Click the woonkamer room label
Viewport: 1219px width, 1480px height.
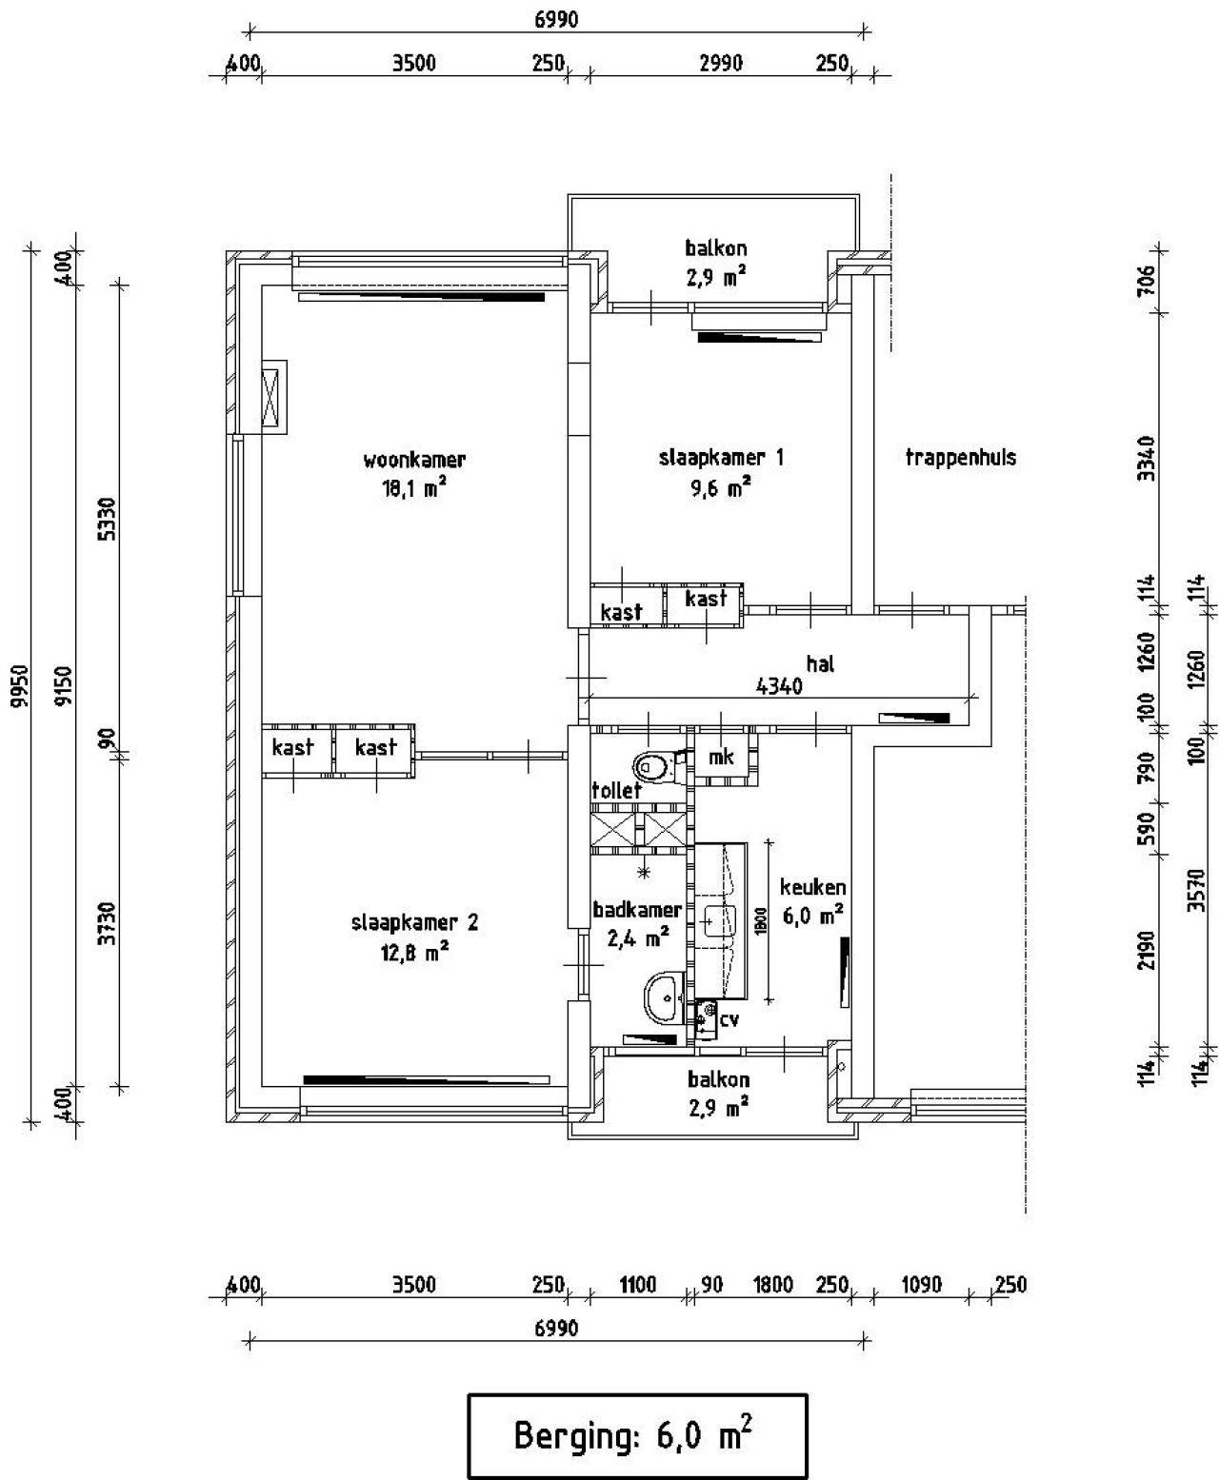click(414, 461)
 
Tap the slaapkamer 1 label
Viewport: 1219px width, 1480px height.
click(721, 458)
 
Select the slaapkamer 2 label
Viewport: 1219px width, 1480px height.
click(414, 922)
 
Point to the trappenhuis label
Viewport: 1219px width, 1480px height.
click(961, 458)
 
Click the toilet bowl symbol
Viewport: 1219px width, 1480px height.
click(653, 766)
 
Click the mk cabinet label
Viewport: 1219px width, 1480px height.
click(721, 757)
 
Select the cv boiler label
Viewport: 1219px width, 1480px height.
click(729, 1019)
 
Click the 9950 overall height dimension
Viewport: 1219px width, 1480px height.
click(20, 685)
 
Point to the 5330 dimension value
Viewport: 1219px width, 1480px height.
click(108, 519)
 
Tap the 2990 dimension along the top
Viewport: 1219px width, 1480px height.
click(721, 63)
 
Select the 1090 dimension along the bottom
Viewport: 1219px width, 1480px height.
click(921, 1285)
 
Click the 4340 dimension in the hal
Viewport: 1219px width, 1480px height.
click(779, 685)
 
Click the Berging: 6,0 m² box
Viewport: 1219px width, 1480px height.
click(637, 1436)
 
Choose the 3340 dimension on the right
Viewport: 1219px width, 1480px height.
click(1146, 458)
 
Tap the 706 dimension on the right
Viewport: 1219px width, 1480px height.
click(1146, 281)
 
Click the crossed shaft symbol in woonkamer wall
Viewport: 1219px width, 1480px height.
click(270, 397)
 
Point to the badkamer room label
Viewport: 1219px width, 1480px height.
click(637, 910)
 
